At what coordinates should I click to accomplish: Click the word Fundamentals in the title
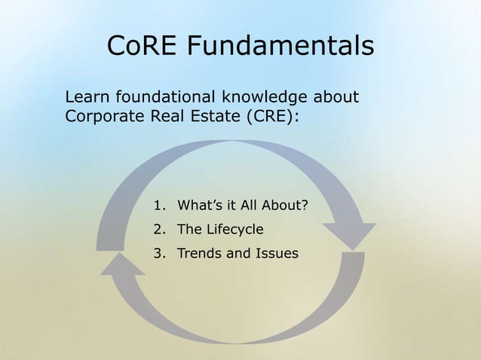coord(280,46)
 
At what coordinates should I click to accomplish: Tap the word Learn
coord(85,97)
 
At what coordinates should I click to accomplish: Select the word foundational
coord(162,97)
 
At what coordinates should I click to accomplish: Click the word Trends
coord(200,253)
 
